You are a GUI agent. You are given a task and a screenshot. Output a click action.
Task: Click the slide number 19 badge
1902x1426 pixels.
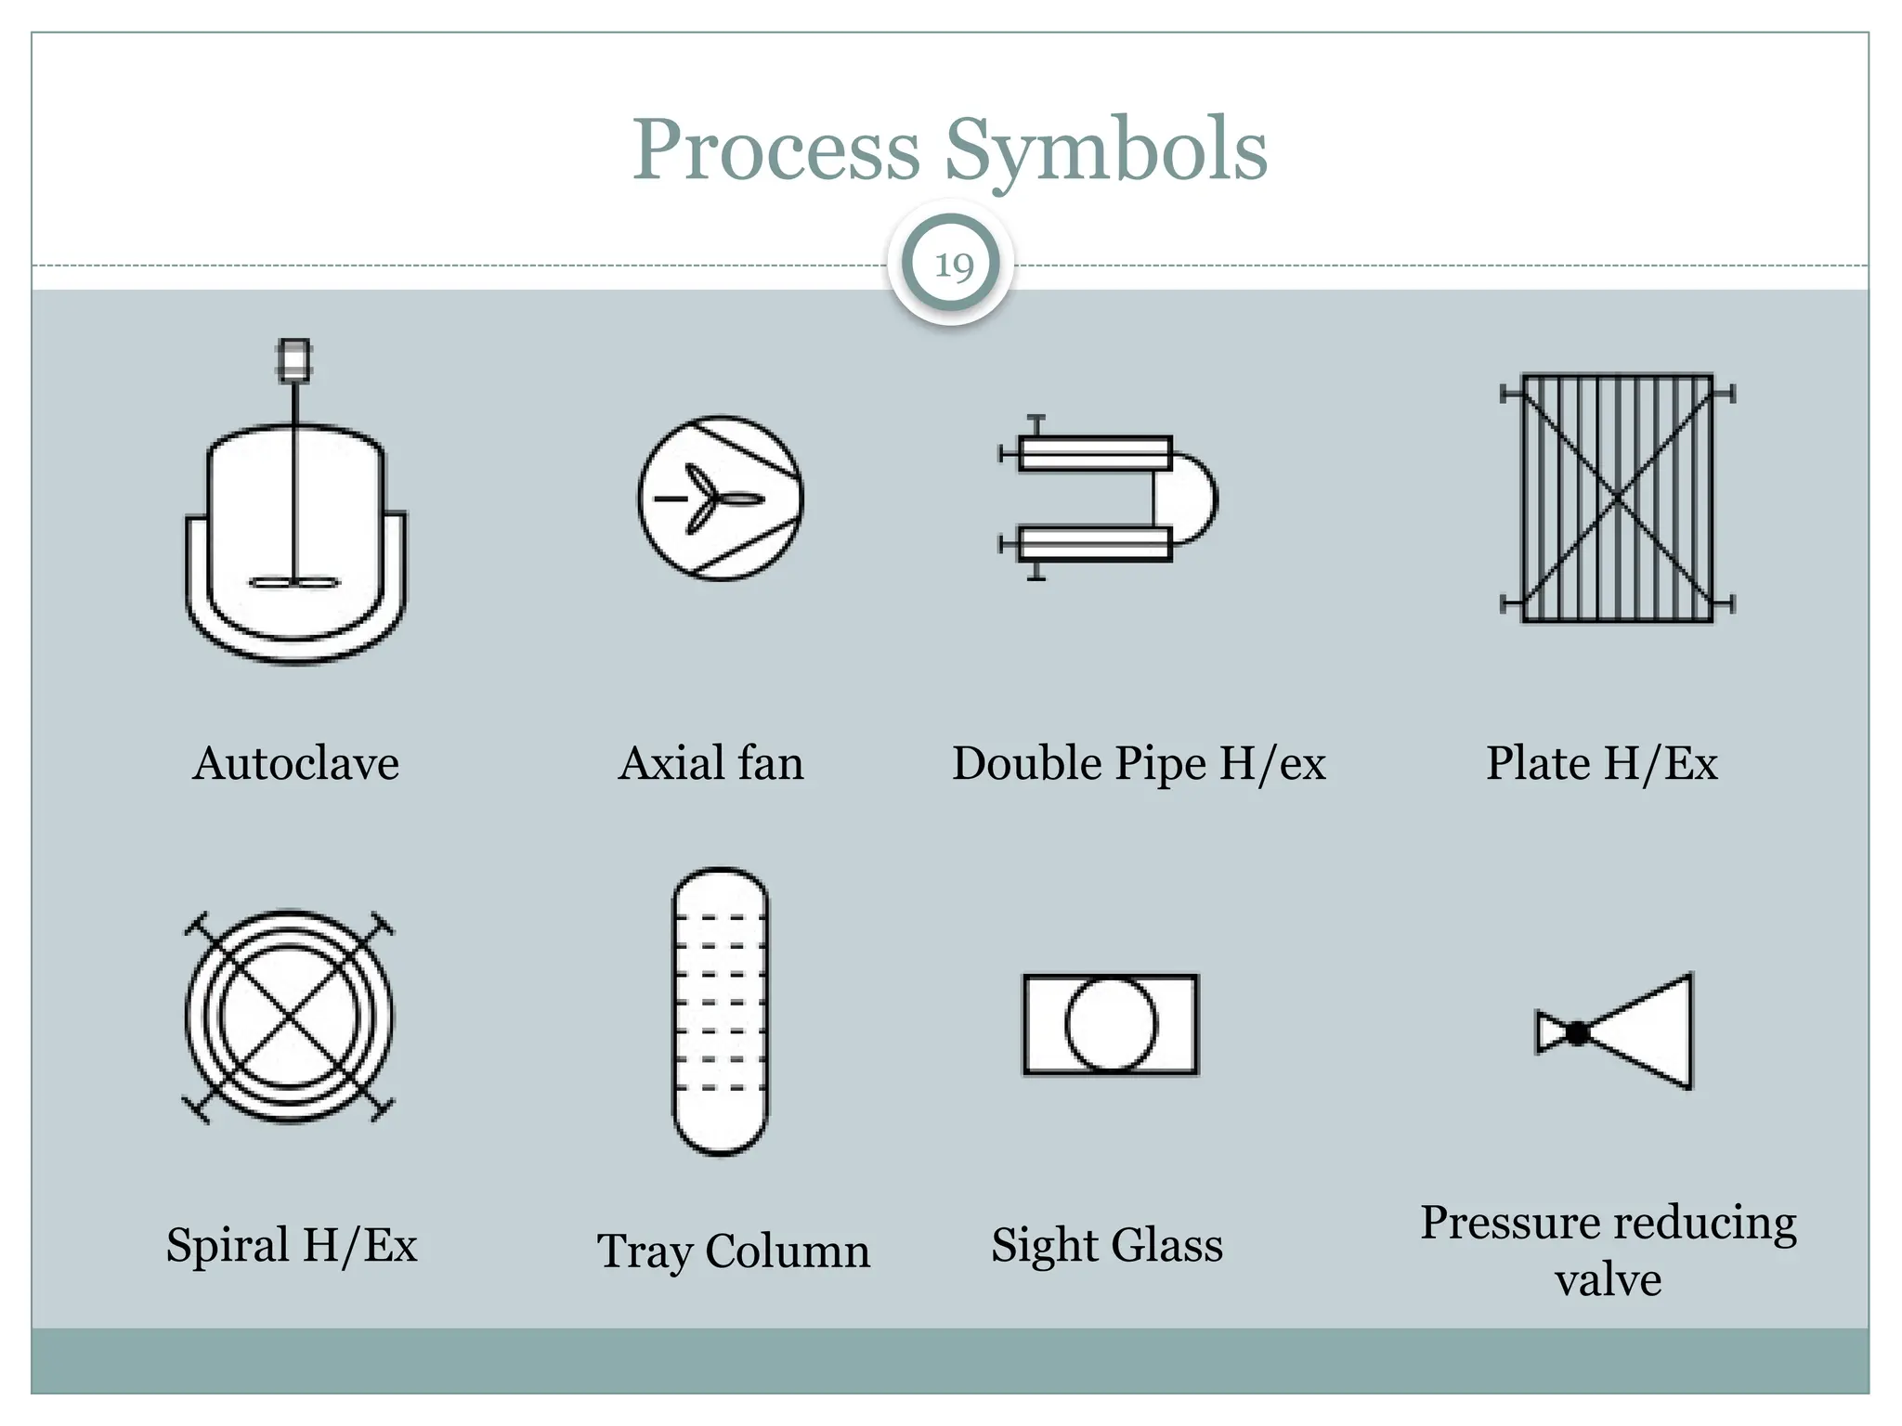(951, 266)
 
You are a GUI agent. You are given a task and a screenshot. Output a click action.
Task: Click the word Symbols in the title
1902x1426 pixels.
(1105, 150)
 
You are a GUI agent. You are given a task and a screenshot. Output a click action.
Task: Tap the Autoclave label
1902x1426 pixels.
(295, 763)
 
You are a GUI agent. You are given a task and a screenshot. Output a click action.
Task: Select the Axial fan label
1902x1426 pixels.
(710, 763)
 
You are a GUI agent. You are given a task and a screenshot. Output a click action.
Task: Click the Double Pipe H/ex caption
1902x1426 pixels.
(1139, 763)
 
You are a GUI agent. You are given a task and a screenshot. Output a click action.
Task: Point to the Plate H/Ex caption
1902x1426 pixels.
(1601, 763)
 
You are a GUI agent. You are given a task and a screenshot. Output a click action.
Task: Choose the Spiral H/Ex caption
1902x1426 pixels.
(291, 1245)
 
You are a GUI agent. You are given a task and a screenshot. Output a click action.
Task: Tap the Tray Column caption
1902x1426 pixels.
(733, 1251)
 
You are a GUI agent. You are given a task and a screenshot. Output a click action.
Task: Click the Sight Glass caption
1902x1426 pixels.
(1106, 1245)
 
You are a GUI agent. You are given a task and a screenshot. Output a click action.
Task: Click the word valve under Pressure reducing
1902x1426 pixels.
(1608, 1280)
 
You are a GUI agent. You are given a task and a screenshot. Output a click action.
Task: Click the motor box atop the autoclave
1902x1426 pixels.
(294, 360)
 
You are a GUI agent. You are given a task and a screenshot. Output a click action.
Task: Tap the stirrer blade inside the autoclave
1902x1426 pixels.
(294, 583)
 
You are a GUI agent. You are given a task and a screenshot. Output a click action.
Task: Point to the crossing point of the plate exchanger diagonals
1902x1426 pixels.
(1617, 499)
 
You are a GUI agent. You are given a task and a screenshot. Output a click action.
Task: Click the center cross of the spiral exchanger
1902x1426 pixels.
(289, 1018)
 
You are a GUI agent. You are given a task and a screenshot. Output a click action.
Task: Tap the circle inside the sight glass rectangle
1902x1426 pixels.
(1111, 1024)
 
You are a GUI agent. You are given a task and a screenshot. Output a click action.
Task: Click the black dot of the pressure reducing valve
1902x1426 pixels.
(1576, 1032)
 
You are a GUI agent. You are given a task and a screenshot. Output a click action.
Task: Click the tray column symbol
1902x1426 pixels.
(721, 1011)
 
